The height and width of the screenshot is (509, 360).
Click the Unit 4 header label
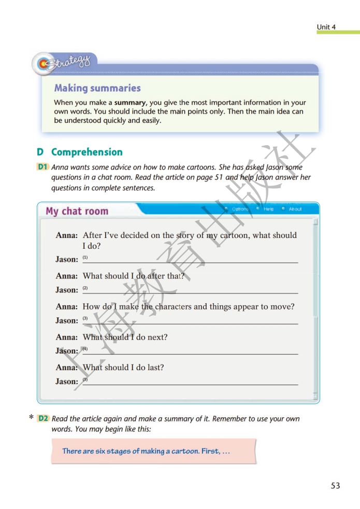click(x=326, y=26)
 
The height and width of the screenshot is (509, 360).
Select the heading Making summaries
click(x=97, y=88)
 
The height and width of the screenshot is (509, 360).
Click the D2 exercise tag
click(x=43, y=418)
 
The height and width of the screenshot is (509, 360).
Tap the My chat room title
click(x=77, y=211)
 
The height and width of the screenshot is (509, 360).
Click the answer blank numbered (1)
click(x=192, y=259)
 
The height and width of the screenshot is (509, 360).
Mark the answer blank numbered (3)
click(x=192, y=320)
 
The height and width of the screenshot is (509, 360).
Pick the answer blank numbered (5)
click(x=192, y=381)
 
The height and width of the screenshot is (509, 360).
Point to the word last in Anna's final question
click(x=155, y=367)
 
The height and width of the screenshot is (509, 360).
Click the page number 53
click(x=335, y=486)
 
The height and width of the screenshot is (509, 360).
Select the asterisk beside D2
click(x=32, y=418)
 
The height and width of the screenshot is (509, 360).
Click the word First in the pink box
click(x=211, y=451)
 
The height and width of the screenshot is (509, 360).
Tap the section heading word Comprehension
click(x=87, y=152)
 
